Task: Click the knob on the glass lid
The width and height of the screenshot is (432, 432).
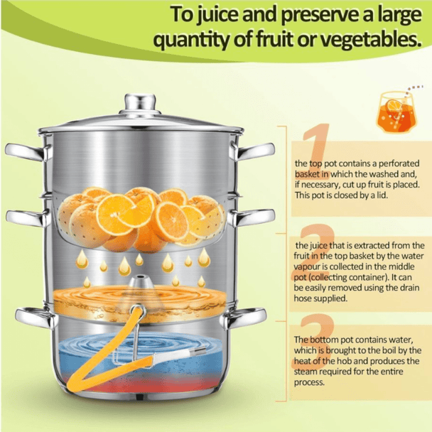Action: click(140, 103)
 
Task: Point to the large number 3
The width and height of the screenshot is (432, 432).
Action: click(316, 340)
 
